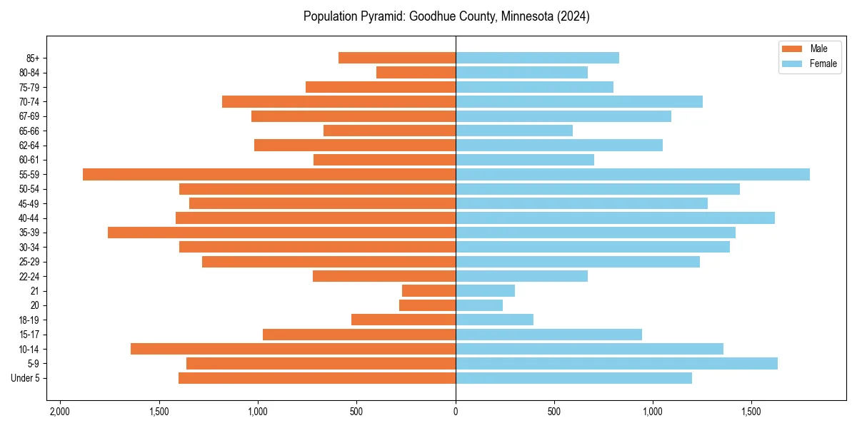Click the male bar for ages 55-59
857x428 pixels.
click(x=269, y=175)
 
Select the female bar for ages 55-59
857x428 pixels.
click(x=633, y=175)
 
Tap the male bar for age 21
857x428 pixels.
click(x=428, y=291)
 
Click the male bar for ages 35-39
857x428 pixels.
click(x=281, y=233)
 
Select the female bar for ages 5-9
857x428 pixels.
click(x=616, y=364)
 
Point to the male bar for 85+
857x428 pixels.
click(x=397, y=58)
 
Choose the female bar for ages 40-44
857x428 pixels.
click(x=615, y=218)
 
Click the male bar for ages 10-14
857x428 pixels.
click(x=293, y=349)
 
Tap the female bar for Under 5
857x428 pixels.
click(x=573, y=378)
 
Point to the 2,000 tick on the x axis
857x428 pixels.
click(x=59, y=412)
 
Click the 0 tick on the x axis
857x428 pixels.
click(x=456, y=412)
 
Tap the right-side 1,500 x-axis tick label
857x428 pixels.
click(x=751, y=412)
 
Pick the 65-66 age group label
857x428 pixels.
click(x=29, y=131)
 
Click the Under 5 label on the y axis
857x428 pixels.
click(x=25, y=378)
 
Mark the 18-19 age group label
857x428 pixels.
click(x=29, y=320)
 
